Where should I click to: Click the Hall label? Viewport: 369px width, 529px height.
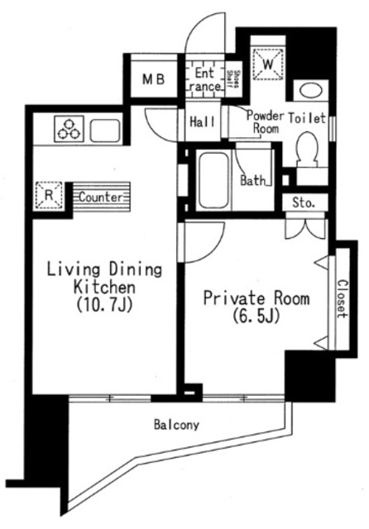pyautogui.click(x=203, y=121)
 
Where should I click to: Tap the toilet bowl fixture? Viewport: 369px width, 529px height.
pyautogui.click(x=310, y=150)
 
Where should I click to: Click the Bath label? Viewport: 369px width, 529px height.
pyautogui.click(x=252, y=180)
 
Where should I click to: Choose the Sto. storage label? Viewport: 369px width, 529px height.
pyautogui.click(x=302, y=203)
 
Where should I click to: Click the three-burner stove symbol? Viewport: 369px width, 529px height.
pyautogui.click(x=68, y=130)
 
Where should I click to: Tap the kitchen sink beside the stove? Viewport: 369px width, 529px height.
pyautogui.click(x=107, y=131)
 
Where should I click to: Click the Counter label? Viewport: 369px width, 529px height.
pyautogui.click(x=103, y=198)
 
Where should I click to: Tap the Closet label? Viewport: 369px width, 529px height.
pyautogui.click(x=342, y=297)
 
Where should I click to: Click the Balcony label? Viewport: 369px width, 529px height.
pyautogui.click(x=176, y=427)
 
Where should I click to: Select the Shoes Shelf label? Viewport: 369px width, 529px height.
pyautogui.click(x=235, y=79)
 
